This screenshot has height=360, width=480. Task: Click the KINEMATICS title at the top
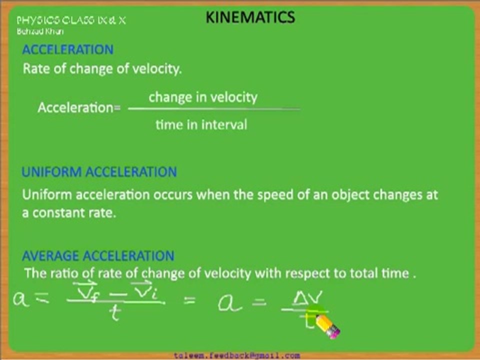pyautogui.click(x=250, y=18)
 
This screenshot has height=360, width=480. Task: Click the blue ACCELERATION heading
pyautogui.click(x=68, y=49)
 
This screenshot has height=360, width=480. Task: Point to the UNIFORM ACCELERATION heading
pyautogui.click(x=99, y=172)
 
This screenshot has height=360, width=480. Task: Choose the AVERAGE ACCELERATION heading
pyautogui.click(x=98, y=256)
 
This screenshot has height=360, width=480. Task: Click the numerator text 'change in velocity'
pyautogui.click(x=203, y=97)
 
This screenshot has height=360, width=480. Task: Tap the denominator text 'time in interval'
pyautogui.click(x=201, y=124)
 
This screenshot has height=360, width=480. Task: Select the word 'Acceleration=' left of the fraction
pyautogui.click(x=79, y=107)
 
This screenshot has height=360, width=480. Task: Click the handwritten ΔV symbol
pyautogui.click(x=308, y=298)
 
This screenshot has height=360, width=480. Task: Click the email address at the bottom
pyautogui.click(x=237, y=355)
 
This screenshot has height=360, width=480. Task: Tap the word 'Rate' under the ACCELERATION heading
pyautogui.click(x=36, y=69)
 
